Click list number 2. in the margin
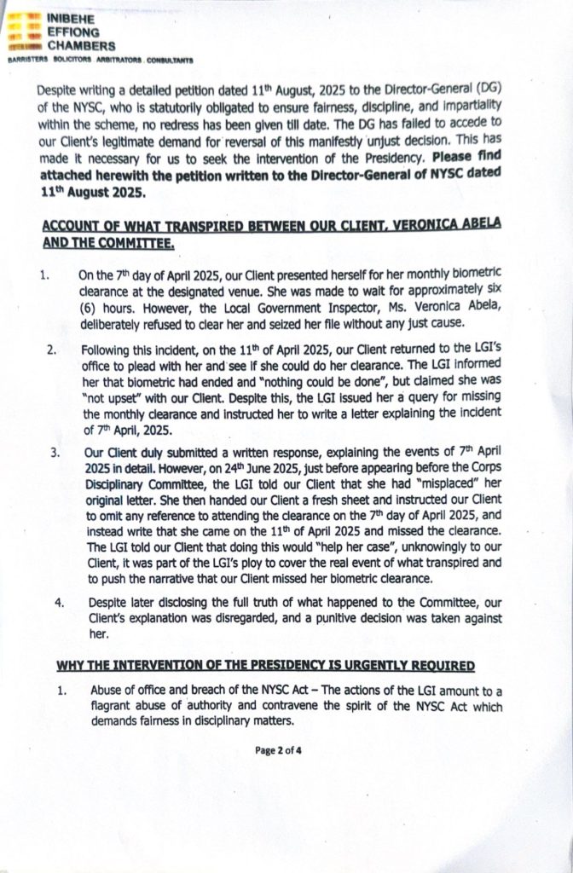(x=51, y=351)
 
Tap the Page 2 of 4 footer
(x=286, y=751)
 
